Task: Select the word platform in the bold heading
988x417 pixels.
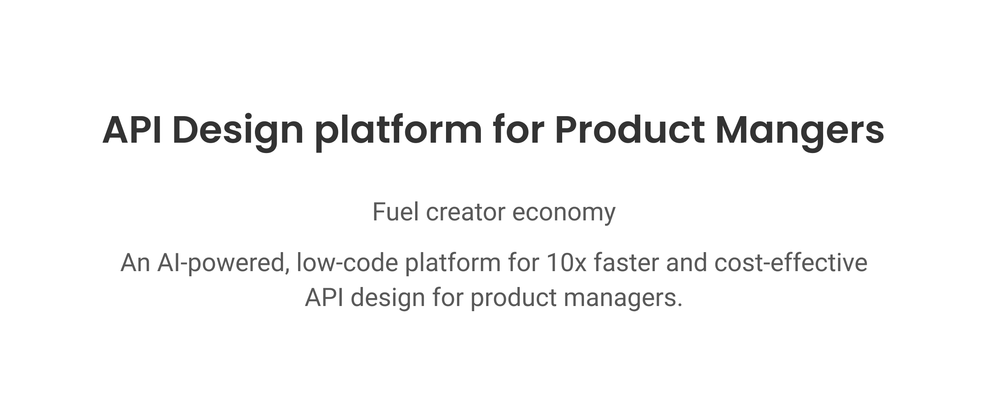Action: pyautogui.click(x=398, y=133)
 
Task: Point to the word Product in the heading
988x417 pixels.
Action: pyautogui.click(x=630, y=130)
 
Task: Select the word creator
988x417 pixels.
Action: pyautogui.click(x=465, y=212)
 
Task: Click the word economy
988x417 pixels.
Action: pyautogui.click(x=564, y=214)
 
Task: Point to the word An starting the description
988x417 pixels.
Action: pyautogui.click(x=135, y=262)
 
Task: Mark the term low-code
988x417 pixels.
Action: pyautogui.click(x=347, y=262)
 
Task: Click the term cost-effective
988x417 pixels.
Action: pyautogui.click(x=791, y=262)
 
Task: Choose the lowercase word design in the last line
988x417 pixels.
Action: pyautogui.click(x=388, y=299)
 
